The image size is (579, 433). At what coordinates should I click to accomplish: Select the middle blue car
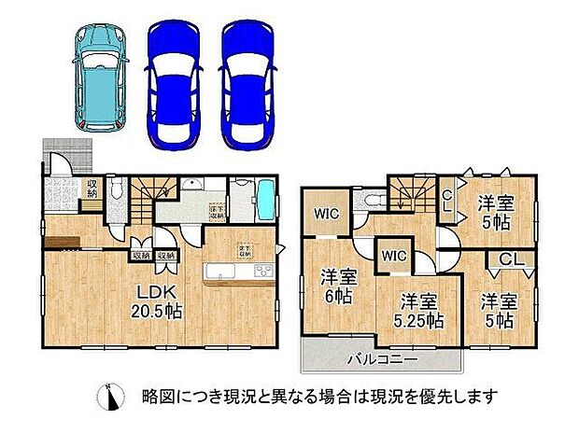point(175,81)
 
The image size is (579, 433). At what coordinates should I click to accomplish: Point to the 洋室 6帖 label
point(339,286)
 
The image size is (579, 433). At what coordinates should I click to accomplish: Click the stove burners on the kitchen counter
point(261,272)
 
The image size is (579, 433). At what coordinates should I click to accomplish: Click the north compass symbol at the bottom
point(112,398)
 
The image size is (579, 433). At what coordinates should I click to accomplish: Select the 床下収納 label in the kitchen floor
point(214,211)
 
